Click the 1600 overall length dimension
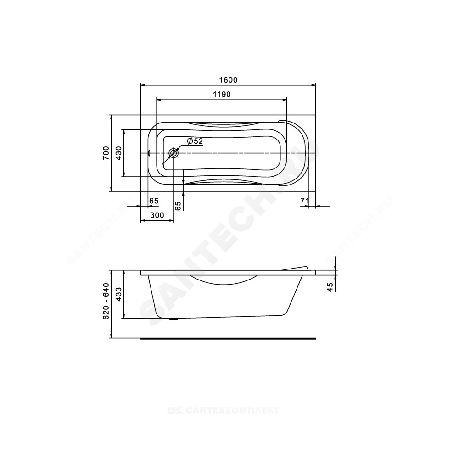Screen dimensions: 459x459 pyautogui.click(x=228, y=79)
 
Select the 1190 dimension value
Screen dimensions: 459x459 pyautogui.click(x=222, y=94)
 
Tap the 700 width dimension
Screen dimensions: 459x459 pyautogui.click(x=106, y=153)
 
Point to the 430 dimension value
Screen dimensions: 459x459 pyautogui.click(x=118, y=153)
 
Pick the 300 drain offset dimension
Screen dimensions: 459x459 pyautogui.click(x=157, y=215)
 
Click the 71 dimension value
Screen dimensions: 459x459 pyautogui.click(x=304, y=201)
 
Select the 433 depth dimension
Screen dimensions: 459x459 pyautogui.click(x=118, y=294)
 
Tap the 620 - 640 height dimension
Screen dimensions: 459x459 pyautogui.click(x=106, y=301)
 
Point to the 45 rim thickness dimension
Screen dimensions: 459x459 pyautogui.click(x=330, y=287)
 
